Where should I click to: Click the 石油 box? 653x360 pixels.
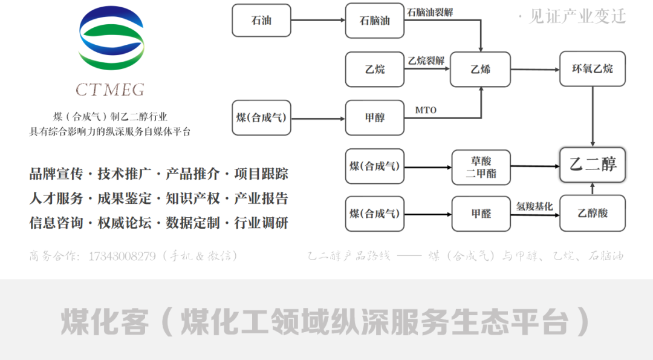pyautogui.click(x=261, y=20)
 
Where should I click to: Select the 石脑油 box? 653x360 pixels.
pyautogui.click(x=374, y=20)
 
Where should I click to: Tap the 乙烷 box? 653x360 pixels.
pyautogui.click(x=374, y=69)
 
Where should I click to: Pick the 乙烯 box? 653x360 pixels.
pyautogui.click(x=480, y=69)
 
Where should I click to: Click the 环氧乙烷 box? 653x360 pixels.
pyautogui.click(x=592, y=69)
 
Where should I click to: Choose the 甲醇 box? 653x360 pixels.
pyautogui.click(x=374, y=117)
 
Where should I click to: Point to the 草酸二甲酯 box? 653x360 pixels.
pyautogui.click(x=481, y=167)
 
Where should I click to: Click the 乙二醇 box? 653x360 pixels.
pyautogui.click(x=592, y=164)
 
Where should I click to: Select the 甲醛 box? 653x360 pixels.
pyautogui.click(x=481, y=213)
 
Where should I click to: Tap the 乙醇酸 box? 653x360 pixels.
pyautogui.click(x=592, y=213)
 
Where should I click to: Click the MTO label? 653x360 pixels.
pyautogui.click(x=426, y=110)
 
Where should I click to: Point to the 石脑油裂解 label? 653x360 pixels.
pyautogui.click(x=430, y=13)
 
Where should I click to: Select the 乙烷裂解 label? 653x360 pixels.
pyautogui.click(x=426, y=61)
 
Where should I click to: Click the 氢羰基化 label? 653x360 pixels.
pyautogui.click(x=534, y=206)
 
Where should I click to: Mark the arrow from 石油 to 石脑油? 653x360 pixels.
pyautogui.click(x=318, y=21)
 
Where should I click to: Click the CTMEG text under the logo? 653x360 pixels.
pyautogui.click(x=110, y=90)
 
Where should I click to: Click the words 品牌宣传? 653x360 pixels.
pyautogui.click(x=54, y=174)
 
